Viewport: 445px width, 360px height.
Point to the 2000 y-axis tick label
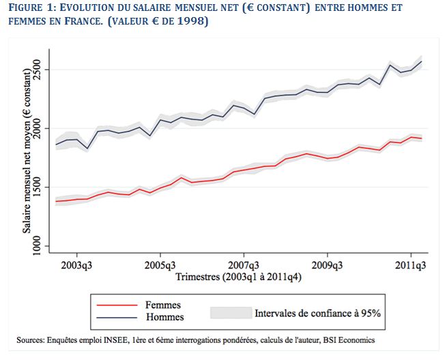point(38,128)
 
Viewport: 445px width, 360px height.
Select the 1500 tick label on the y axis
point(38,187)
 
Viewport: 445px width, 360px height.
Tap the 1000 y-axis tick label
point(38,246)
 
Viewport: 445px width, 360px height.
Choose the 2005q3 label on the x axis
point(160,265)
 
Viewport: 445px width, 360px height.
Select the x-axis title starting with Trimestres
point(239,277)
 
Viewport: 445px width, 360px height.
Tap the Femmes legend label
point(163,305)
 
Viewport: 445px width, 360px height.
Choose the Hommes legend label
point(165,317)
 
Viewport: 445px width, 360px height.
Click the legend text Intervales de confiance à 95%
point(317,314)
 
